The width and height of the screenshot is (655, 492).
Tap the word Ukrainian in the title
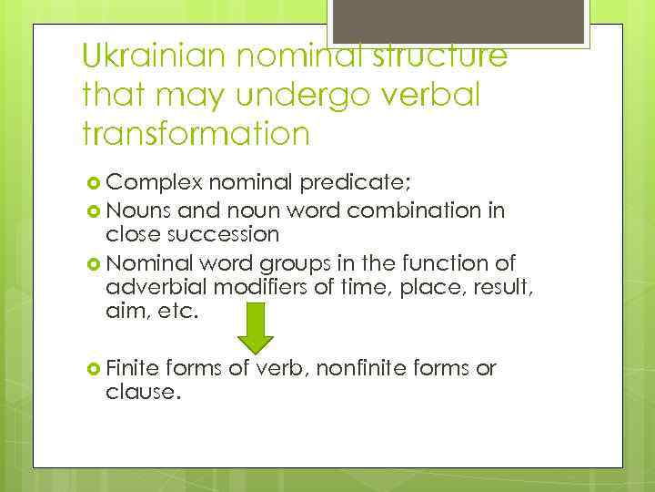pos(152,56)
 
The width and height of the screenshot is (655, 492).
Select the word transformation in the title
pos(196,135)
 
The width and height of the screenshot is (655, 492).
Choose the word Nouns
pos(134,211)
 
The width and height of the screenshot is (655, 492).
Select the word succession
pos(228,234)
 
